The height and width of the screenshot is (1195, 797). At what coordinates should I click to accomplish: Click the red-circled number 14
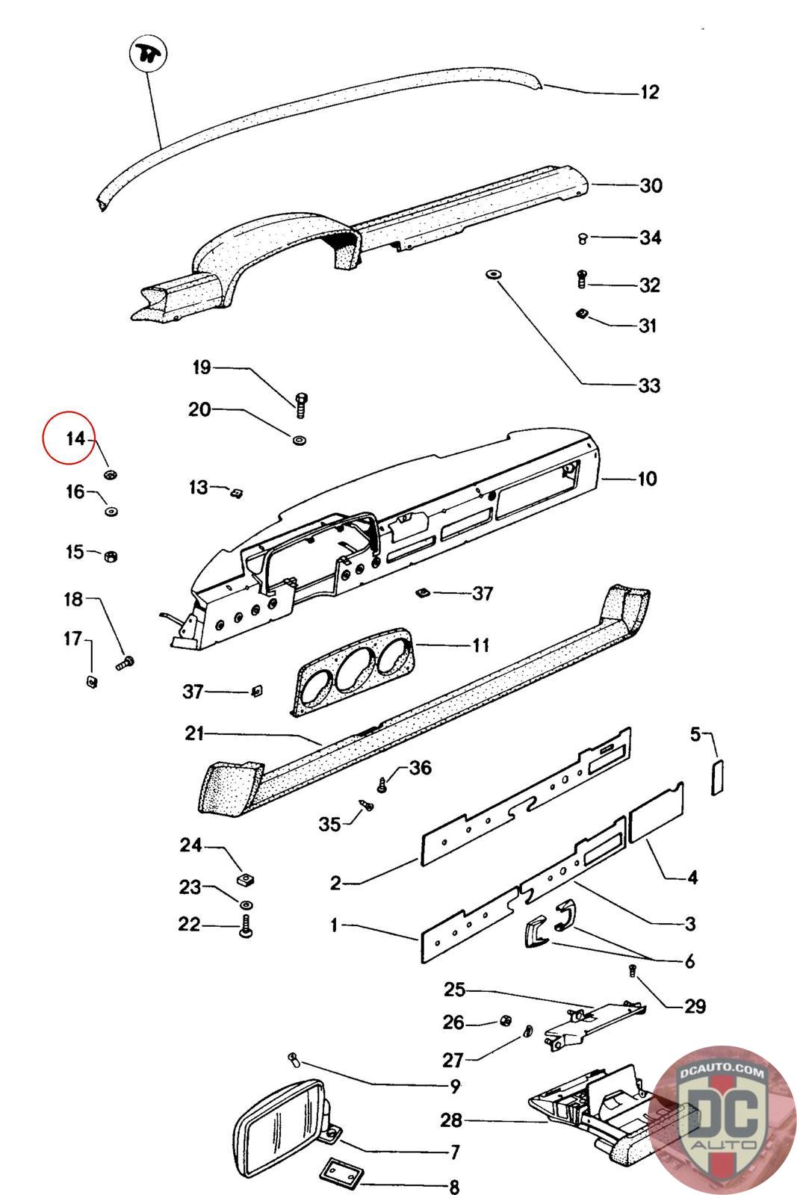point(75,438)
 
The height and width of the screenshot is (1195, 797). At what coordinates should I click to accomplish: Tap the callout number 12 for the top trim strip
point(650,93)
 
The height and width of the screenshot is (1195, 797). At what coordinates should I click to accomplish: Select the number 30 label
point(651,185)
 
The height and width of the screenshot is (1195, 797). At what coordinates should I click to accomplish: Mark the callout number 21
point(194,734)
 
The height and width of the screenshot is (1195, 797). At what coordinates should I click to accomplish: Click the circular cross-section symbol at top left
point(147,55)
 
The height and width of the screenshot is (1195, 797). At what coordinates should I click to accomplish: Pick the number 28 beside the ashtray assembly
point(452,1120)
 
